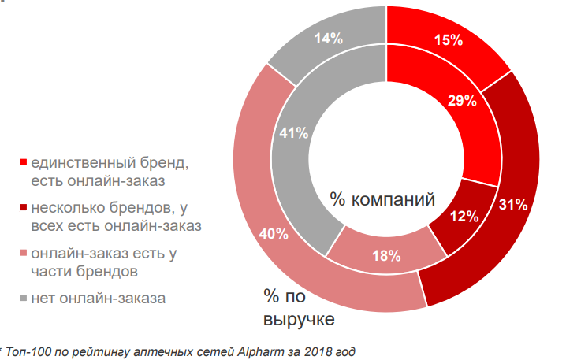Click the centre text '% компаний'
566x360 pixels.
point(382,199)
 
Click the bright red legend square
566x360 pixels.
point(24,163)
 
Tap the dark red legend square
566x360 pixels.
point(24,209)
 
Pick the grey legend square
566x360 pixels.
point(24,298)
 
